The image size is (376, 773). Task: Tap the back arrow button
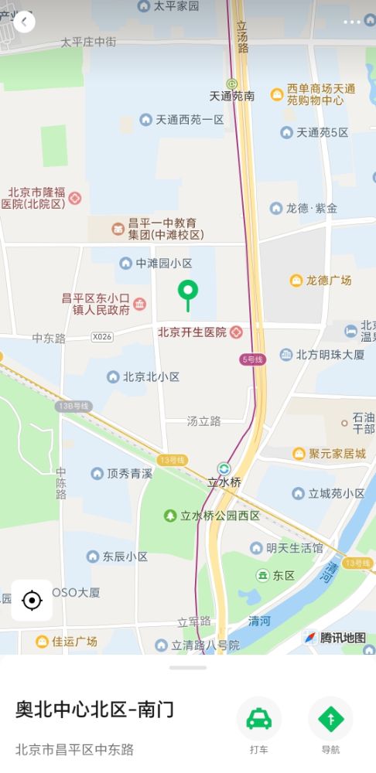pos(24,22)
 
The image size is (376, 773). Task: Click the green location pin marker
pos(187,292)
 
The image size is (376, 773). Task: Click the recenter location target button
pos(32,600)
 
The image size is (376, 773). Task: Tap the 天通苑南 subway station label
pos(231,96)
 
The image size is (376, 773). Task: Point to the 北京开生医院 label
pos(193,332)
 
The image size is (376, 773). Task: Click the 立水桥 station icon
pos(224,468)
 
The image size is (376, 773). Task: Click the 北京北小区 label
pos(151,376)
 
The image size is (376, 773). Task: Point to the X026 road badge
pos(102,337)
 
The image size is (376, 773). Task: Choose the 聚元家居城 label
pos(337,453)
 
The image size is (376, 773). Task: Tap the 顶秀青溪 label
pos(128,473)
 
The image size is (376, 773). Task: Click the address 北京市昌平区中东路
pos(74,749)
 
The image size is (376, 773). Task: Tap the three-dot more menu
pos(352,22)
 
